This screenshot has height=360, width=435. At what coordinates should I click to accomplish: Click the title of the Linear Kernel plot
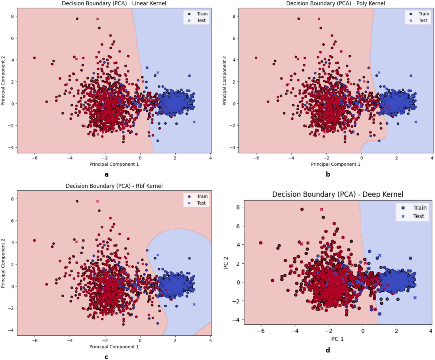point(114,3)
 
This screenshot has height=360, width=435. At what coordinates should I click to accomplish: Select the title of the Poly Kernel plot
point(336,3)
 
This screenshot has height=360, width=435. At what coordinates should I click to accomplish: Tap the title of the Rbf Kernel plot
point(114,186)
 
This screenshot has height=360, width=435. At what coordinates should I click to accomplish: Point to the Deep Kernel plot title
point(338,194)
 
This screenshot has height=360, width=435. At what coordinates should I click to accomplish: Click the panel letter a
point(107,174)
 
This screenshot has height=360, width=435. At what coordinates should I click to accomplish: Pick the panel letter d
point(328,350)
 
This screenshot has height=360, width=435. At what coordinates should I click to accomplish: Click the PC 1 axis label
point(337,339)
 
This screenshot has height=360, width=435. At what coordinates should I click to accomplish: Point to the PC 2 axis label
point(226,263)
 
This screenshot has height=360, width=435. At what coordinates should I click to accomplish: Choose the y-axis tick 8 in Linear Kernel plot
point(12,16)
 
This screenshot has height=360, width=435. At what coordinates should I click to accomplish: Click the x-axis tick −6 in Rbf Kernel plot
point(35,340)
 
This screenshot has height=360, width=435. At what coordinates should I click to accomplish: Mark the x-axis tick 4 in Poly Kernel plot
point(432,158)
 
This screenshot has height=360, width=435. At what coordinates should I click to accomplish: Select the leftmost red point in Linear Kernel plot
point(35,58)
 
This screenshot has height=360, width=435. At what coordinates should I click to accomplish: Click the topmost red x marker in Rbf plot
point(97,201)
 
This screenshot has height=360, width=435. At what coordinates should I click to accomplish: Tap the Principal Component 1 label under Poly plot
point(336,164)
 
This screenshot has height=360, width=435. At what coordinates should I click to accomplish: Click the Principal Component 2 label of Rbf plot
point(3,263)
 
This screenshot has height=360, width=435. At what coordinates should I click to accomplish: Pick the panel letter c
point(107,357)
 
